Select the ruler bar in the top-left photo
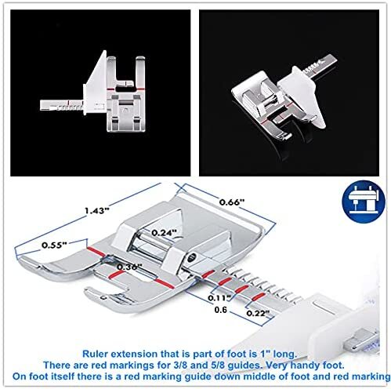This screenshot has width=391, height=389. [x=63, y=103]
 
